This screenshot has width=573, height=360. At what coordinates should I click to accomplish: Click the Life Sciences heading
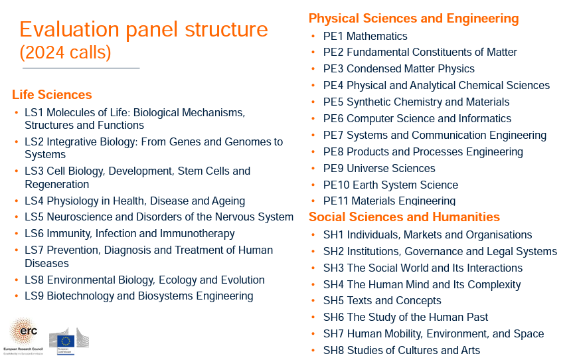pyautogui.click(x=52, y=95)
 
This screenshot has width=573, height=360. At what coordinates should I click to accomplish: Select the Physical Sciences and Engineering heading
pyautogui.click(x=414, y=19)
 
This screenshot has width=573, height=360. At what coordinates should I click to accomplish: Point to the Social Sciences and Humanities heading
pyautogui.click(x=404, y=217)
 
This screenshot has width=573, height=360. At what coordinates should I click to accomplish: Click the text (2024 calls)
pyautogui.click(x=66, y=52)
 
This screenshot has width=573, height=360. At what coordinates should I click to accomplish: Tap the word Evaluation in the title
pyautogui.click(x=70, y=29)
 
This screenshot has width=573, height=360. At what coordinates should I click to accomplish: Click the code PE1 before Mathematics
pyautogui.click(x=333, y=36)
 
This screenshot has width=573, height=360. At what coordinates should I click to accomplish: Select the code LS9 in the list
pyautogui.click(x=35, y=296)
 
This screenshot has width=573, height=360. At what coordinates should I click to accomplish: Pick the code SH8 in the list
pyautogui.click(x=333, y=350)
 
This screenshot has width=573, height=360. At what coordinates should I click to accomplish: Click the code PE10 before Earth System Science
pyautogui.click(x=337, y=185)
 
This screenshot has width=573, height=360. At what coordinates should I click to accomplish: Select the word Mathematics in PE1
pyautogui.click(x=376, y=36)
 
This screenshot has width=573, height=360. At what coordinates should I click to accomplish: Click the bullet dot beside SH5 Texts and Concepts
pyautogui.click(x=313, y=301)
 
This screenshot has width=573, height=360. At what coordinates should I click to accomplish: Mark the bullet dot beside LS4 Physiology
pyautogui.click(x=17, y=201)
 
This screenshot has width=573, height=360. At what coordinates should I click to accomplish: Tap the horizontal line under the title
pyautogui.click(x=81, y=68)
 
